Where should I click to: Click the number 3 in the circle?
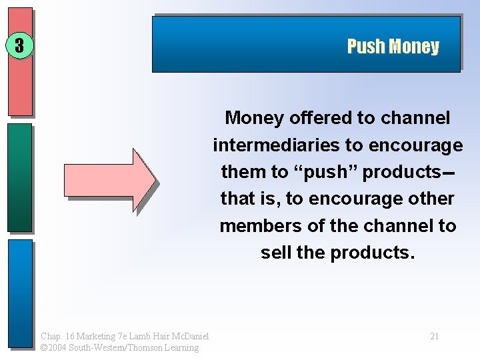tap(19, 46)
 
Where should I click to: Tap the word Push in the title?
tap(366, 47)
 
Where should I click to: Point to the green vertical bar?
tap(20, 177)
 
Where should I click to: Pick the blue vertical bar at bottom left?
tap(20, 293)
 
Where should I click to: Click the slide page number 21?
tap(434, 336)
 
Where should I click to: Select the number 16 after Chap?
tap(69, 336)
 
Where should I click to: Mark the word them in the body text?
tap(244, 172)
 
